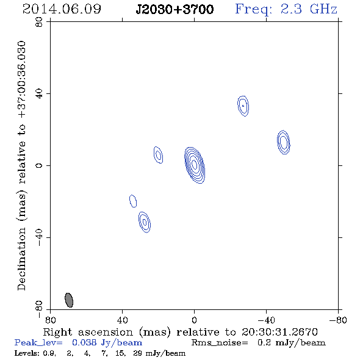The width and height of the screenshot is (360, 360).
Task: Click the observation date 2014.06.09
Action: point(62,9)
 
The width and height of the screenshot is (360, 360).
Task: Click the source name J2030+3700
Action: point(175,9)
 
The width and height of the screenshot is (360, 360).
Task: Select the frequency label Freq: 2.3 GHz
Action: point(286,9)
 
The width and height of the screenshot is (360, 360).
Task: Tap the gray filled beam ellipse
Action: point(69,300)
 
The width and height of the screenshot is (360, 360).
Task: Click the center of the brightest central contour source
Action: point(195,165)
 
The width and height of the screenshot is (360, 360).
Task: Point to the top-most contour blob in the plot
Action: point(243,106)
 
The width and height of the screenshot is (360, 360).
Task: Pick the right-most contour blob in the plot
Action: point(284,142)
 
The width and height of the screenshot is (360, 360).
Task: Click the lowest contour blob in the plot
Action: point(145,222)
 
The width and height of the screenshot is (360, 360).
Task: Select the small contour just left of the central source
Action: point(158,155)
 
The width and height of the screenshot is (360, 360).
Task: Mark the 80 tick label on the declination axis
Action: point(39,22)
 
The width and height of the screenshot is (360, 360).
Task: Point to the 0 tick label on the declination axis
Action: point(39,165)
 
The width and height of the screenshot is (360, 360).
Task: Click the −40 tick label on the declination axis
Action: point(39,237)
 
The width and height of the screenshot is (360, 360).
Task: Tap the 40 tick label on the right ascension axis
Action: point(123,320)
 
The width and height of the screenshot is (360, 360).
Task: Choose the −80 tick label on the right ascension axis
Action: point(338,320)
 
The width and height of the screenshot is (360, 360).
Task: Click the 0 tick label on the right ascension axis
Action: point(194,320)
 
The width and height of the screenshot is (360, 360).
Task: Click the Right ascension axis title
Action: point(181,332)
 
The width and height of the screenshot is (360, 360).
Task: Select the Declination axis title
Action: point(21,165)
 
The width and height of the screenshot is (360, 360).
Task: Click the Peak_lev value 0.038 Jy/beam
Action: point(107,343)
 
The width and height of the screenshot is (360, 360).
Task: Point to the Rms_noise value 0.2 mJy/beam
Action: point(291,343)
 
